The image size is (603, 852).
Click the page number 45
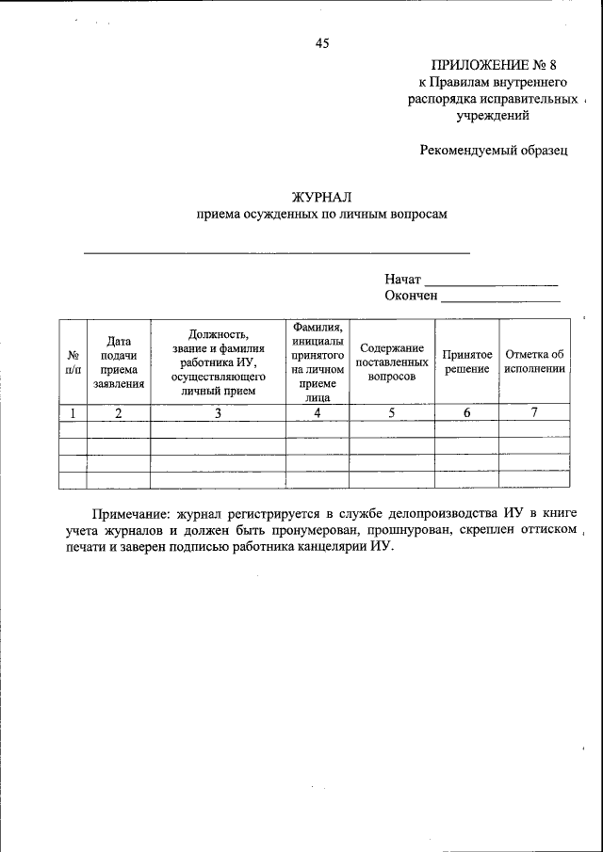point(322,43)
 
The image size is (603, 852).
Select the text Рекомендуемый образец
point(494,151)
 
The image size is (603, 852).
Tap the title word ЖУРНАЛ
point(321,197)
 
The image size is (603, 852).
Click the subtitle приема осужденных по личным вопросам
point(321,214)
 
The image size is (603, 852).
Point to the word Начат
point(402,280)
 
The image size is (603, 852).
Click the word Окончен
point(411,297)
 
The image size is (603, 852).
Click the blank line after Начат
point(491,281)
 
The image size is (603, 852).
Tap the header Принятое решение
point(466,362)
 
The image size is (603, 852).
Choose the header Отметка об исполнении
point(534,362)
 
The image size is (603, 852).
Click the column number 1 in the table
point(73,412)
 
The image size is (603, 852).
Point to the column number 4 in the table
point(317,412)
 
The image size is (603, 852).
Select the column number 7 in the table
point(534,412)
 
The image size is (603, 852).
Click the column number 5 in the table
point(392,412)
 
